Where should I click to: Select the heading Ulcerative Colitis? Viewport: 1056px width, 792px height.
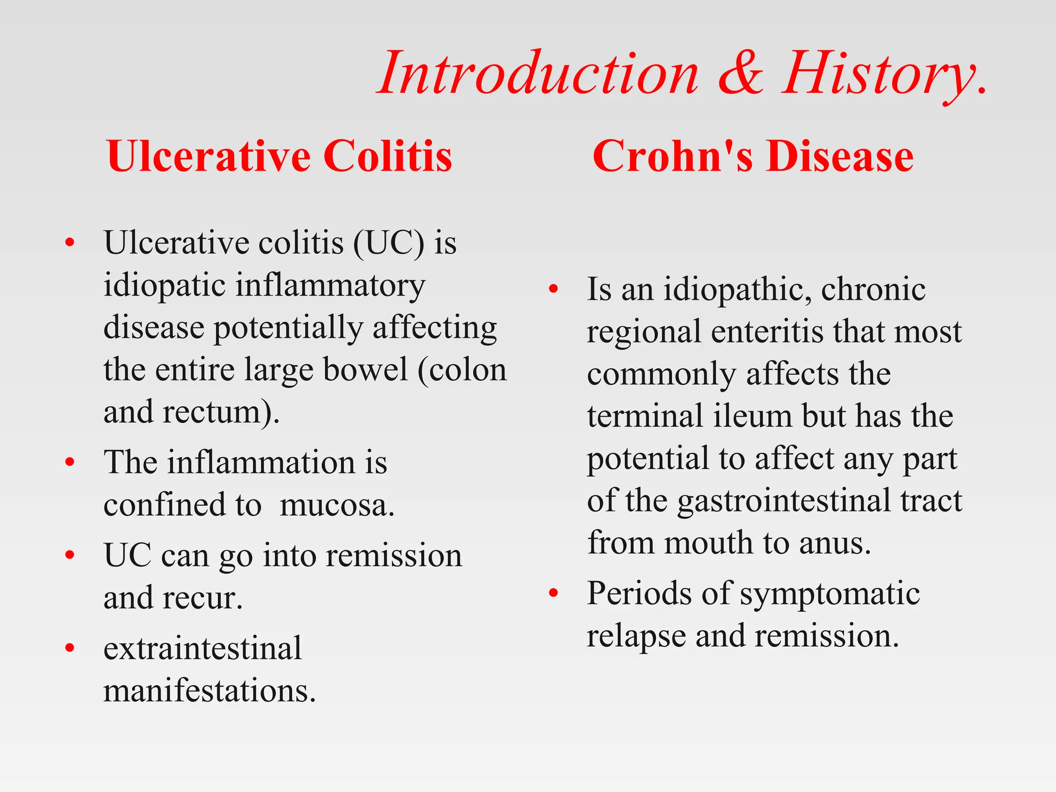pos(279,156)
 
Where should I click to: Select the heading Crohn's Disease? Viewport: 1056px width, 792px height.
pos(753,156)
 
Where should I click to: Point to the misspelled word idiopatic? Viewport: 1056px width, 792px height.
pos(164,286)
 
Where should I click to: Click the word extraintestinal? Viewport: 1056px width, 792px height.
pos(202,648)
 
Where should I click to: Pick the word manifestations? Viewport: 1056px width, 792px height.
pos(209,691)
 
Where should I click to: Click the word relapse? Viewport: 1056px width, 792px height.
pos(636,636)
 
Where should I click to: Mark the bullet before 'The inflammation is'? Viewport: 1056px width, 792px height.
pos(70,462)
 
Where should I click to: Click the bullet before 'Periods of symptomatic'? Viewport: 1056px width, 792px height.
pos(553,593)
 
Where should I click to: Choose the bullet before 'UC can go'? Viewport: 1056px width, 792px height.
pos(70,555)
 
